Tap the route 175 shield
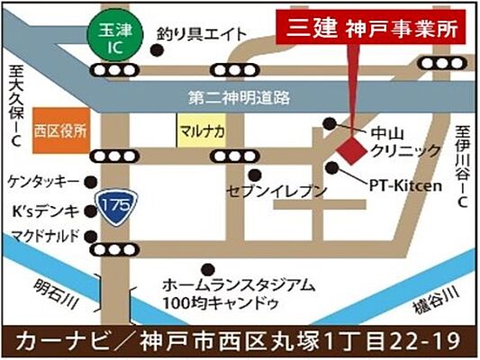[x=114, y=205]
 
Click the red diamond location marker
[x=350, y=145]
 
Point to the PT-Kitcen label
[x=406, y=186]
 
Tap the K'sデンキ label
[x=43, y=212]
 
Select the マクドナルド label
[x=43, y=237]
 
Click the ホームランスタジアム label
[x=239, y=284]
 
